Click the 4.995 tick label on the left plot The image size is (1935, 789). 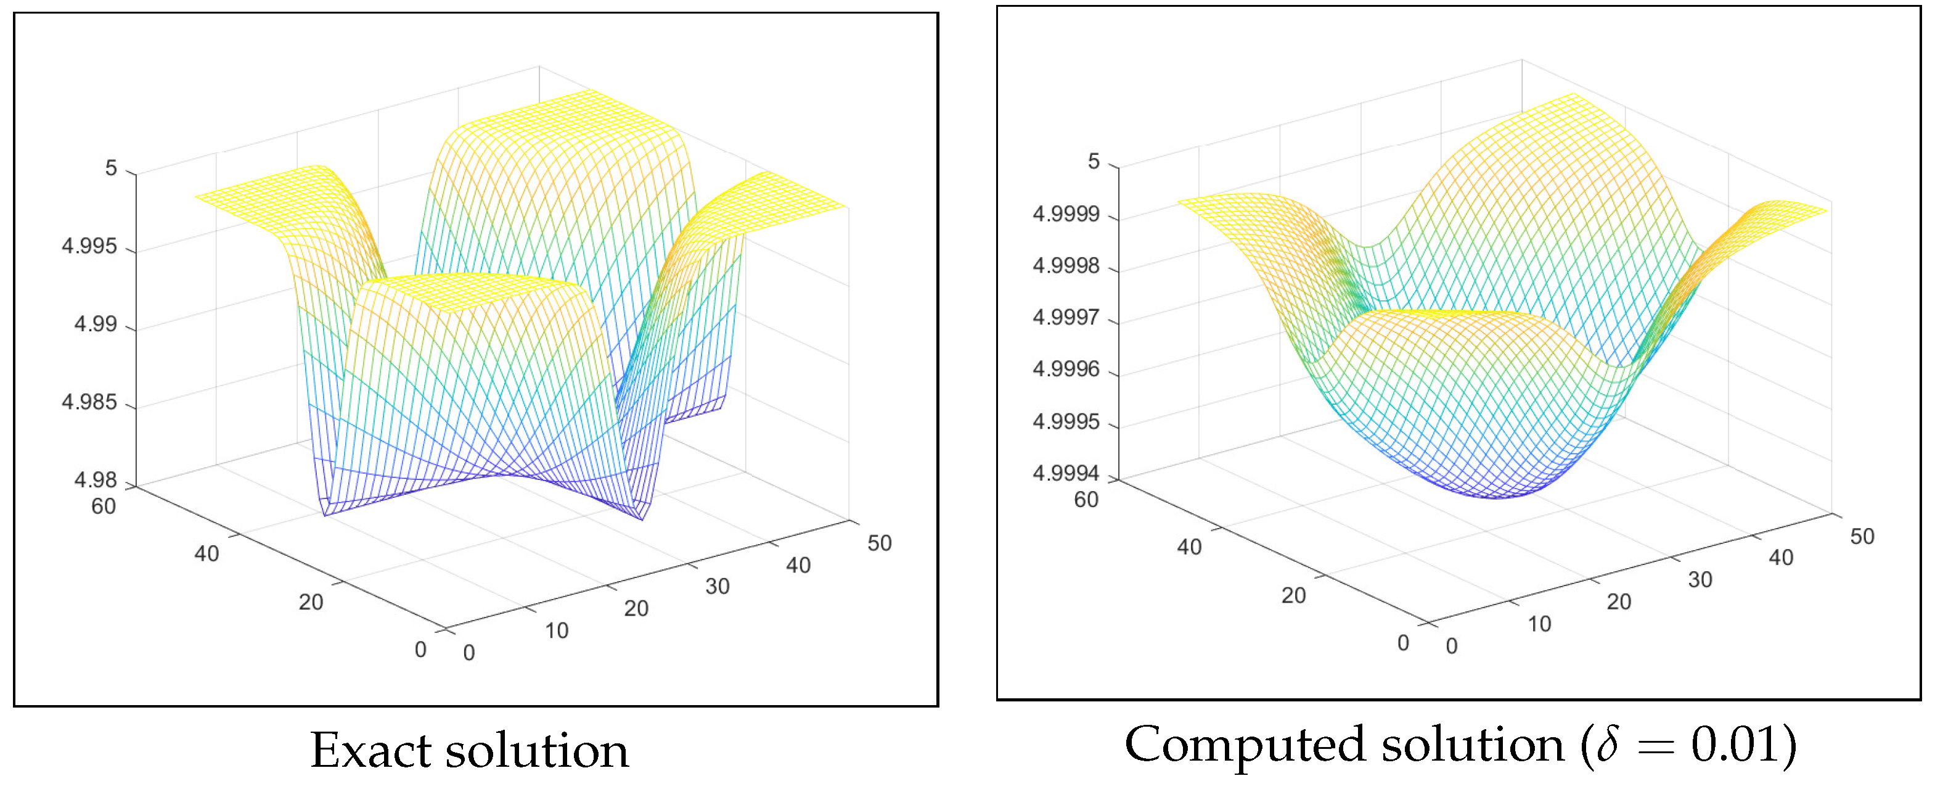[x=89, y=247]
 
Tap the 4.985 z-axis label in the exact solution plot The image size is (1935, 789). [x=89, y=402]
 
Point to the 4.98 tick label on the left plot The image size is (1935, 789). [x=96, y=479]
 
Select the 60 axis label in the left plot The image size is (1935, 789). [x=104, y=506]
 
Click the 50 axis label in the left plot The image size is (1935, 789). [x=879, y=543]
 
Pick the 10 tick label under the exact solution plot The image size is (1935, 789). [x=557, y=630]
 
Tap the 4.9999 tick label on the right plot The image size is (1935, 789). [x=1065, y=214]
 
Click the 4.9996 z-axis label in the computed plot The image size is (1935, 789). [x=1065, y=369]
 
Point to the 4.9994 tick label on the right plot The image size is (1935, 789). [x=1065, y=473]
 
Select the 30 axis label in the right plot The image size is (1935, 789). [x=1700, y=579]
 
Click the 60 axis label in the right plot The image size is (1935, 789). [x=1086, y=500]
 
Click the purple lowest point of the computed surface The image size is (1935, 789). [x=1495, y=496]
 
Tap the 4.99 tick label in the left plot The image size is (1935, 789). [x=96, y=324]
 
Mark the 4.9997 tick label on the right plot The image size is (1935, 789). [x=1065, y=317]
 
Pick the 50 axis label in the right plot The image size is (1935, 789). [x=1862, y=537]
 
